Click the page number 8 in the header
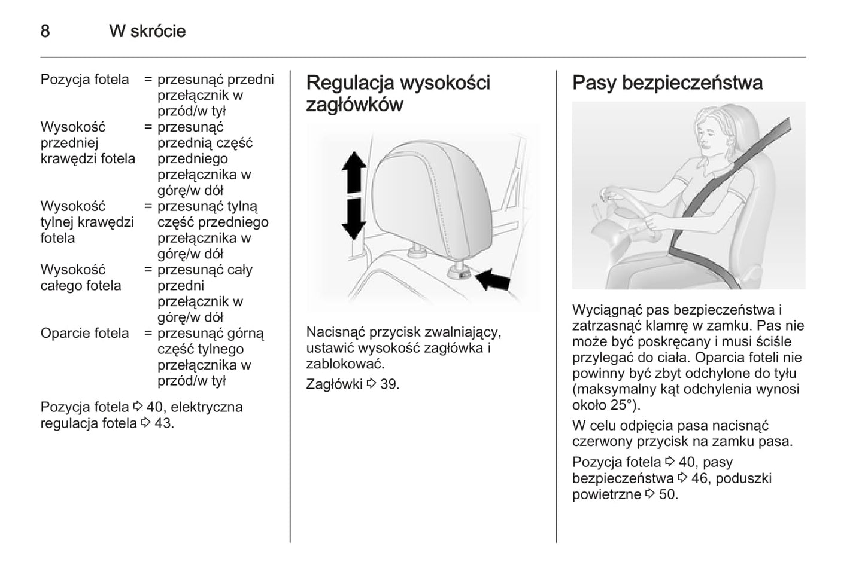(45, 31)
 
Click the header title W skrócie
(147, 31)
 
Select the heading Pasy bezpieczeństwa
(667, 83)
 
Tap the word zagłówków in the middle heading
(354, 105)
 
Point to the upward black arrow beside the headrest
(354, 172)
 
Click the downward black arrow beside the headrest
(354, 219)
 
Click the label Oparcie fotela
(84, 333)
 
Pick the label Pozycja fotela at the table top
(84, 80)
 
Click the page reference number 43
(163, 423)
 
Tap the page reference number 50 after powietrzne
(667, 494)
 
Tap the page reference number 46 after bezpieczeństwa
(699, 478)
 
